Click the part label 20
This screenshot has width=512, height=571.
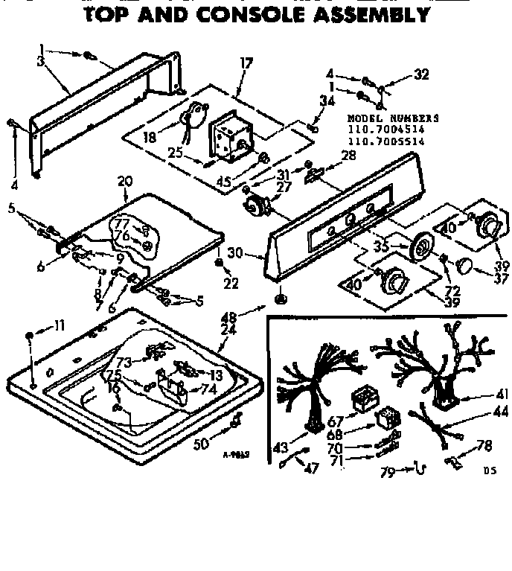(124, 181)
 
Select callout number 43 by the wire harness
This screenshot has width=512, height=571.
(281, 447)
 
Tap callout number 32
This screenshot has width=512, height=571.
(422, 74)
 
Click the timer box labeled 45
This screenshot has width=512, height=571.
(227, 137)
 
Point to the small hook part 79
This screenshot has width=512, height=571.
(421, 468)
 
